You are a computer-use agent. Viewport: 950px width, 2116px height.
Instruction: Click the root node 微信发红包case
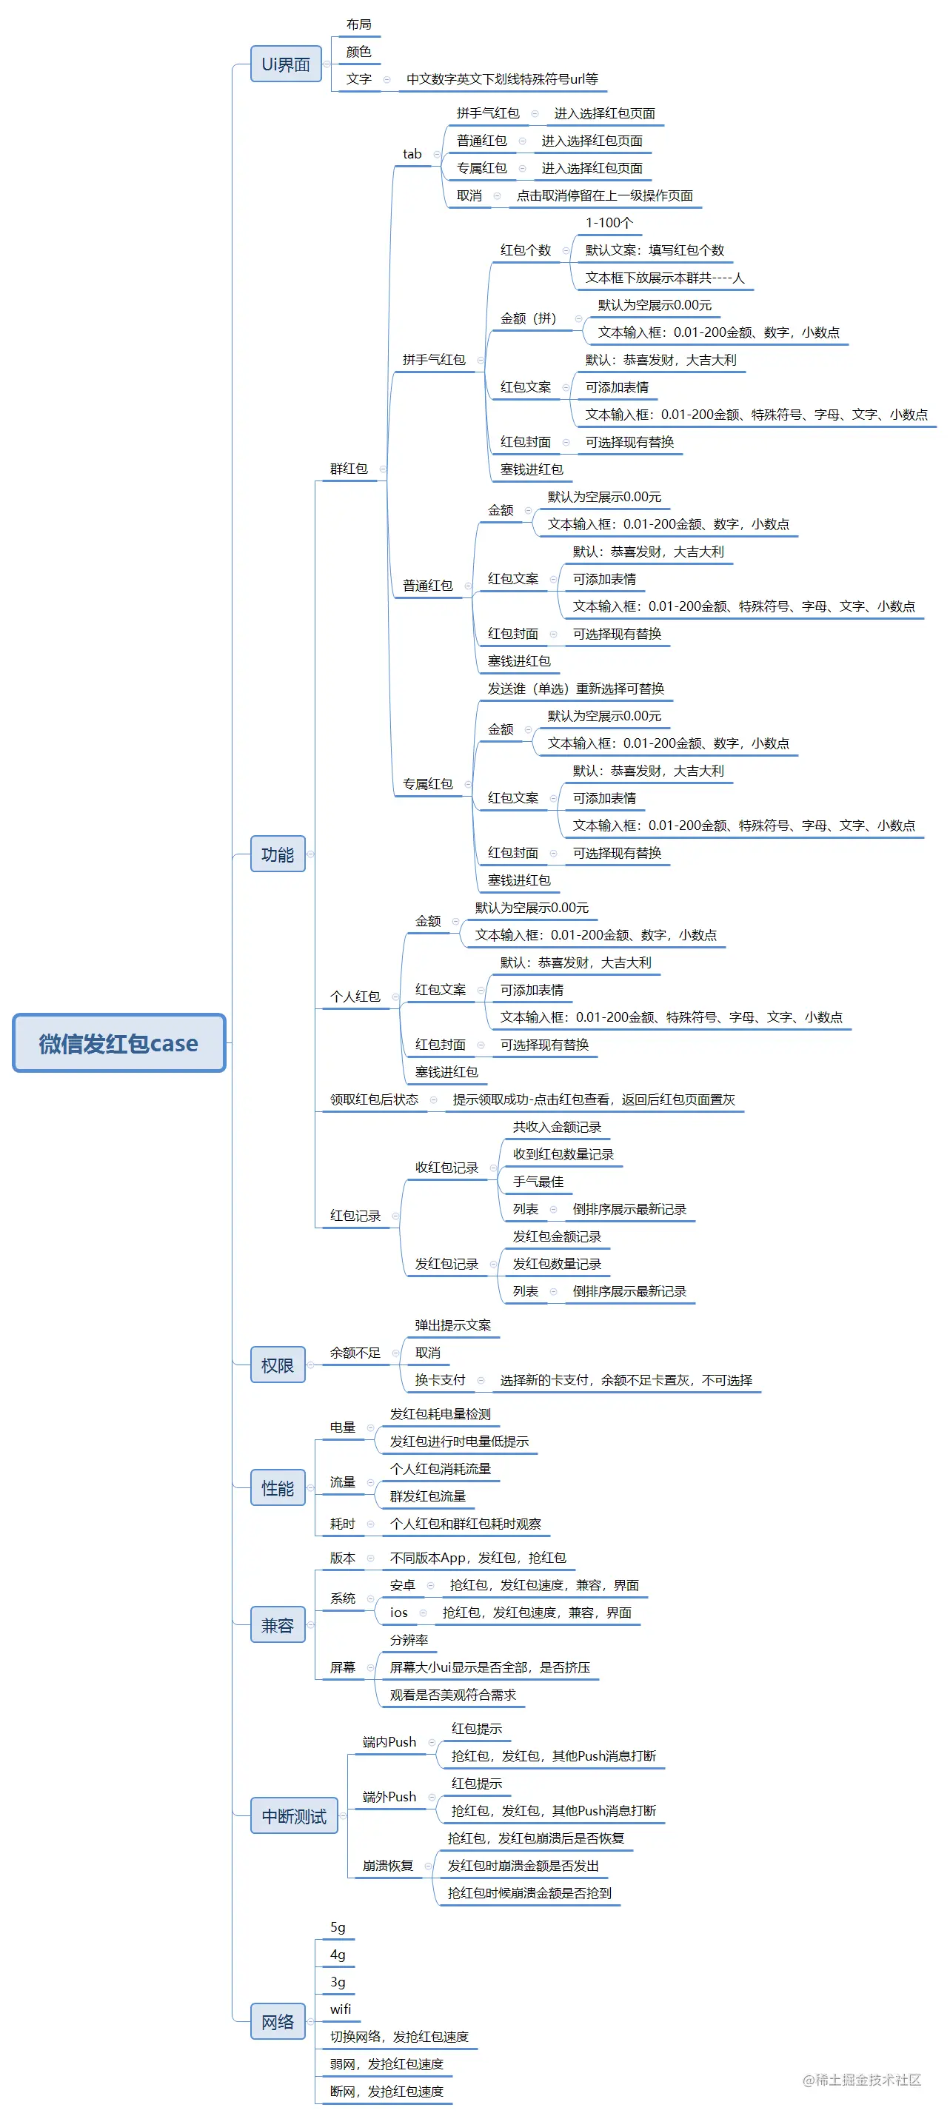point(118,1043)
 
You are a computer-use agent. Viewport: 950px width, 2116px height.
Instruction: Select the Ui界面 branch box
point(285,64)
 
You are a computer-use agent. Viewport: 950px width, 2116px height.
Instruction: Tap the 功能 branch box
point(277,854)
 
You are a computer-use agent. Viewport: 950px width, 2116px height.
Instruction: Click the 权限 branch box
point(277,1365)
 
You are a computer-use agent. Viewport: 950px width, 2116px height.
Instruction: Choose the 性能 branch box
point(277,1488)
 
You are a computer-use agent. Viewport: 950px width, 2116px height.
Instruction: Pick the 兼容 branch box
point(277,1626)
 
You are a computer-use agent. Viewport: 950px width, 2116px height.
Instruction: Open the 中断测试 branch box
point(293,1816)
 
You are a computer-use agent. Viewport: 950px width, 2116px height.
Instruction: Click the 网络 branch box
point(277,2021)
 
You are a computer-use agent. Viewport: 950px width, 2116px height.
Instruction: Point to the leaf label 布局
point(358,24)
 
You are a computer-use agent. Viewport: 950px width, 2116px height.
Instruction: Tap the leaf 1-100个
point(609,224)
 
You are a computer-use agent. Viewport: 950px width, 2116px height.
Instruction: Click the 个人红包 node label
point(355,997)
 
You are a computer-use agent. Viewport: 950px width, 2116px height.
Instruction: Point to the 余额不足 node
point(355,1353)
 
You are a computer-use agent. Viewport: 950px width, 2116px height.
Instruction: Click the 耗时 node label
point(343,1524)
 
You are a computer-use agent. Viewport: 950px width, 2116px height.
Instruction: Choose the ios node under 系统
point(398,1613)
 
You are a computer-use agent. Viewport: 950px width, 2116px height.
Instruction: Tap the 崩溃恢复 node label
point(388,1866)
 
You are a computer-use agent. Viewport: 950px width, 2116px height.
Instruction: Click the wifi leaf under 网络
point(340,2009)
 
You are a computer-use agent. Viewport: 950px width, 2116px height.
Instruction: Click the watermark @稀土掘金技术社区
point(861,2079)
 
